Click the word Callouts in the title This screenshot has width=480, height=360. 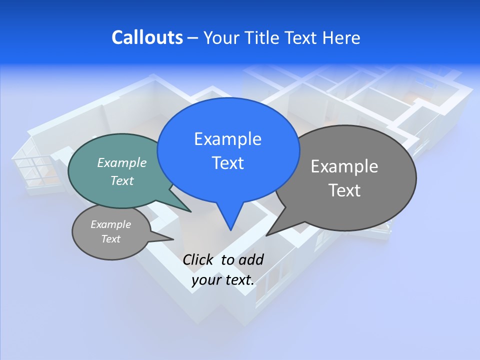pyautogui.click(x=147, y=37)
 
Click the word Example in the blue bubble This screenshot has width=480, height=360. pyautogui.click(x=227, y=138)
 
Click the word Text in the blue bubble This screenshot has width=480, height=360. pyautogui.click(x=227, y=162)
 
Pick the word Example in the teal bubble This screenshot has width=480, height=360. pyautogui.click(x=122, y=162)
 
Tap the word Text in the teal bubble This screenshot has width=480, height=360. pyautogui.click(x=122, y=180)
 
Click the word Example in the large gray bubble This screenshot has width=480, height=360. pyautogui.click(x=344, y=166)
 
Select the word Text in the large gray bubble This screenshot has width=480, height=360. pyautogui.click(x=344, y=190)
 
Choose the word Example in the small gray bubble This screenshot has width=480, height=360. pyautogui.click(x=110, y=224)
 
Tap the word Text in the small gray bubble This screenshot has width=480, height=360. pyautogui.click(x=110, y=239)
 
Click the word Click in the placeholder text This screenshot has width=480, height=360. pyautogui.click(x=198, y=259)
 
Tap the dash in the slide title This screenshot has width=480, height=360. pyautogui.click(x=193, y=37)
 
